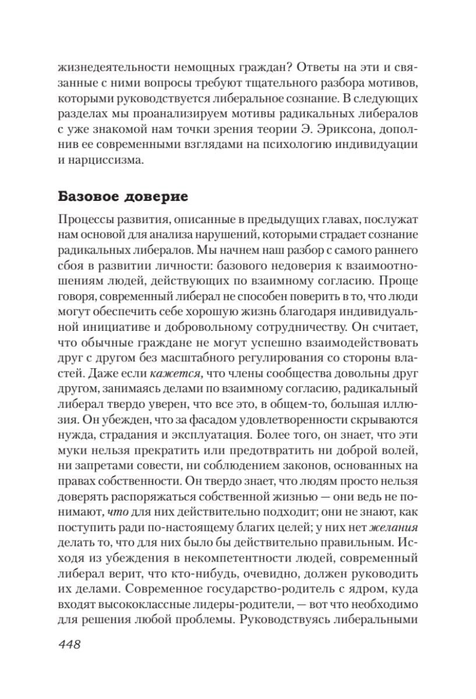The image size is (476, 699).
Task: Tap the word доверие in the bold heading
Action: pyautogui.click(x=159, y=196)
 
